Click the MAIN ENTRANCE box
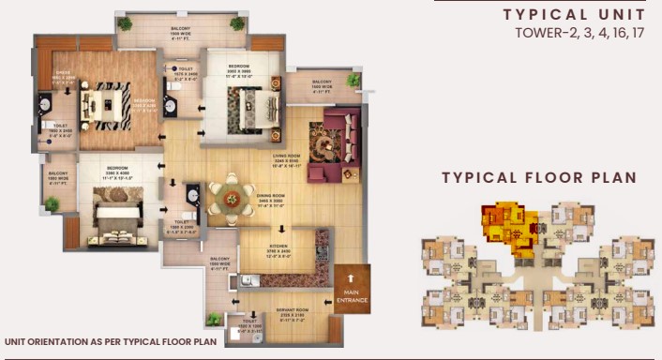353,290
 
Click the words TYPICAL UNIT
574,14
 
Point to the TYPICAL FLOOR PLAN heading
539,177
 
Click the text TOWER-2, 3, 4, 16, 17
579,34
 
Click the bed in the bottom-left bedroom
117,217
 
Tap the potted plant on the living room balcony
353,81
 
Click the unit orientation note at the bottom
110,342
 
